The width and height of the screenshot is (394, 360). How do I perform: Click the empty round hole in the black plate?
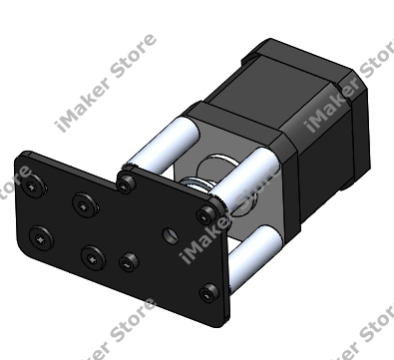click(x=170, y=235)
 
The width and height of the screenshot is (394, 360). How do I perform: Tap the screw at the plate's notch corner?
click(x=126, y=182)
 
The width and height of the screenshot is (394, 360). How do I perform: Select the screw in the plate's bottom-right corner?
click(x=209, y=293)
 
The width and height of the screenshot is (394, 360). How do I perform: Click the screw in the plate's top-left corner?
click(x=33, y=186)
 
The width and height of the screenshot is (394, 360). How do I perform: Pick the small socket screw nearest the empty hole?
click(x=129, y=262)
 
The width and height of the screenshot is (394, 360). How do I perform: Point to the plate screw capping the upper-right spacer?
click(x=206, y=214)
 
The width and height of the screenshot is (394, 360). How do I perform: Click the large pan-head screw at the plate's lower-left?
click(x=41, y=238)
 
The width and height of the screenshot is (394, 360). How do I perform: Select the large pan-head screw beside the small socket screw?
click(x=93, y=258)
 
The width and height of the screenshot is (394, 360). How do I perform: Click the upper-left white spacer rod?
click(x=162, y=144)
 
